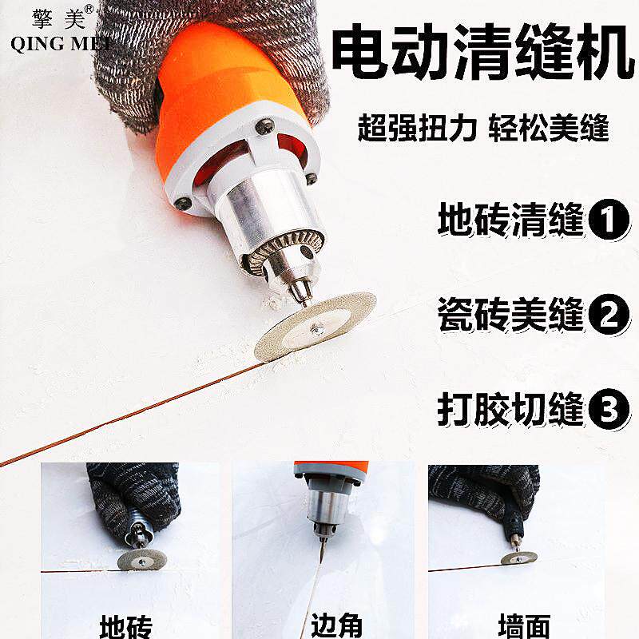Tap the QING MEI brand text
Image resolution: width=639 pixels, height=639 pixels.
[61, 43]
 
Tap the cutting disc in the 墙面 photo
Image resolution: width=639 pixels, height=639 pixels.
[519, 557]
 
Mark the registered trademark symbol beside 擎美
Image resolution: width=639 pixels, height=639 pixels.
[89, 10]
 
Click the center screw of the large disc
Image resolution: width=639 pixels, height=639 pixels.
[319, 327]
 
